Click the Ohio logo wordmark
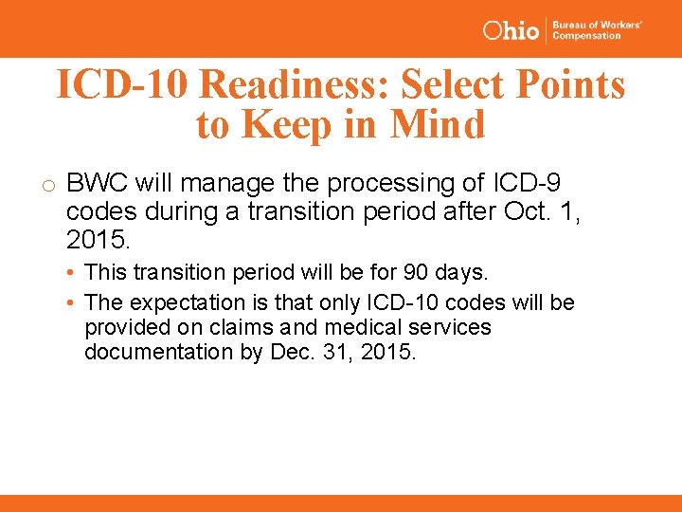tap(511, 29)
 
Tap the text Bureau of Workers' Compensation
tap(597, 29)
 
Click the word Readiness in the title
tap(296, 84)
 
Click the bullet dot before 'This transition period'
tap(72, 273)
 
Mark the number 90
tap(416, 273)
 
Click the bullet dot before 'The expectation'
tap(72, 302)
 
